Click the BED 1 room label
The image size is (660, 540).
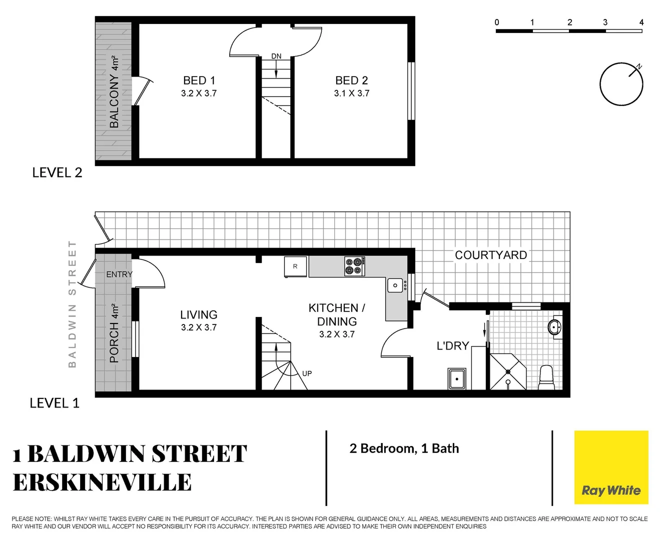[199, 81]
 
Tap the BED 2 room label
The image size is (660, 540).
[351, 81]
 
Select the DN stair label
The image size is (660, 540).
[276, 56]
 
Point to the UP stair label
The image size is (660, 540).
[307, 373]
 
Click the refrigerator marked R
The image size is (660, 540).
[295, 266]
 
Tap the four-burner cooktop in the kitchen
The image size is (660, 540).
[354, 266]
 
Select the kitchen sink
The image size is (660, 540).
[395, 285]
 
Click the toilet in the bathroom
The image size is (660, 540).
[546, 377]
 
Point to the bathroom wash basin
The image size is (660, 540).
[554, 328]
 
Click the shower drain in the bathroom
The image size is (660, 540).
[508, 372]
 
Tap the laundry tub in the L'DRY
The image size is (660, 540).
[457, 379]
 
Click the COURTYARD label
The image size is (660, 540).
[490, 255]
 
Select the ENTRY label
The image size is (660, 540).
[119, 274]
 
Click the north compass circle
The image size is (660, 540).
[621, 84]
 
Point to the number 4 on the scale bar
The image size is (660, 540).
[641, 22]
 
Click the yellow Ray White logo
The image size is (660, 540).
[611, 467]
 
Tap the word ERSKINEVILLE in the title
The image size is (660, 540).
[102, 482]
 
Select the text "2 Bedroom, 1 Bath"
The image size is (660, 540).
[404, 448]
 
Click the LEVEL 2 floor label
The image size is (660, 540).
[57, 173]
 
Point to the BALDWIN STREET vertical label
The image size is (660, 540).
[73, 304]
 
